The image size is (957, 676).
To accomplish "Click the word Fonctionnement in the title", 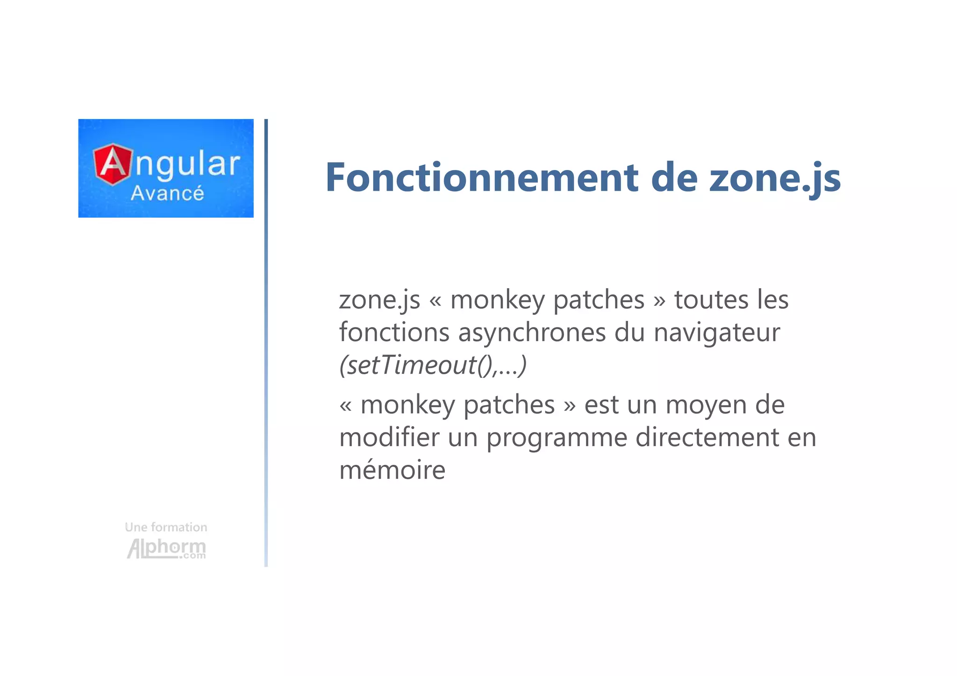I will (481, 178).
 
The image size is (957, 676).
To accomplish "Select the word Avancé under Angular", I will (167, 193).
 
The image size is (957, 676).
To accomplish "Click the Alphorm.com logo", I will (166, 548).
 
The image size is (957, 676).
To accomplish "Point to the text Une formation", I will (166, 527).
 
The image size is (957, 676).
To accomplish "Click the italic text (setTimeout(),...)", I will (433, 365).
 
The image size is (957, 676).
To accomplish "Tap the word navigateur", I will (716, 333).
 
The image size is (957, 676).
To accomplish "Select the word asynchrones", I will (532, 333).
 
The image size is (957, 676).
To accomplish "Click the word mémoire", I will (392, 470).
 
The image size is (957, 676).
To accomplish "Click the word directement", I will (707, 437).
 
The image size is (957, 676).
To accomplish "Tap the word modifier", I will (389, 437).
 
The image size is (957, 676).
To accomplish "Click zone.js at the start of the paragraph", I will (379, 300).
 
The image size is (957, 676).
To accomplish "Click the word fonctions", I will (394, 333).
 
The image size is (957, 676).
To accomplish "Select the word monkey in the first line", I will (497, 300).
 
